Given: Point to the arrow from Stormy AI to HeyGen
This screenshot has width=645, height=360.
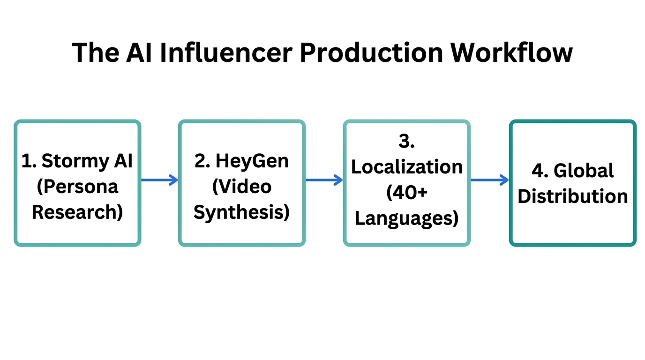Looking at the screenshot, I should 159,180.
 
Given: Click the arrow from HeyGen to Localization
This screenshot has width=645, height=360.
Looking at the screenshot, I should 324,180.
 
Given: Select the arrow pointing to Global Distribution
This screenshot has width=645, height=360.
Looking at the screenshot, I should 489,180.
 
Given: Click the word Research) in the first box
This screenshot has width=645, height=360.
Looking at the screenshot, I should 77,212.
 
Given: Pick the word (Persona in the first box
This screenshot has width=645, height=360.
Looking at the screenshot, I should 77,187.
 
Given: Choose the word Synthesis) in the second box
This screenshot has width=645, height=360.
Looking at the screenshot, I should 242,212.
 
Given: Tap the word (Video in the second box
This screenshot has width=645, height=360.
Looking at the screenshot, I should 242,187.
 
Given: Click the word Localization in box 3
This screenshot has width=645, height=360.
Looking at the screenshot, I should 407,167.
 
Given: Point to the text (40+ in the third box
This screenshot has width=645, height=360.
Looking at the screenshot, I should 407,193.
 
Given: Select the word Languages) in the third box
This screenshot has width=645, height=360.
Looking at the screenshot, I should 407,218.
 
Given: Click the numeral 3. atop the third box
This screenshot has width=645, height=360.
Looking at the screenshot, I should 407,142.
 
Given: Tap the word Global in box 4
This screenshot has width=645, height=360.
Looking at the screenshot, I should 584,171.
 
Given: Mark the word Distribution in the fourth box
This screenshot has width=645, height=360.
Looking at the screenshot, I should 573,196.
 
